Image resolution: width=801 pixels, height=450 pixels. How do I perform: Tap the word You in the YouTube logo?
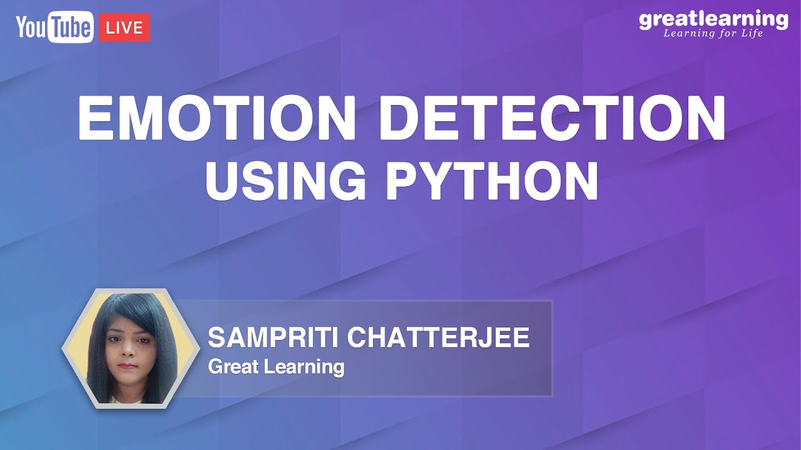tap(31, 27)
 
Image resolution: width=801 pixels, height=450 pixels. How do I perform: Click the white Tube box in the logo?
tap(72, 28)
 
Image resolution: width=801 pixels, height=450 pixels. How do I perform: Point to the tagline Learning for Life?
tap(713, 33)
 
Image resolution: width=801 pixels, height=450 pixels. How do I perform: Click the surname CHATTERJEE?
tap(438, 338)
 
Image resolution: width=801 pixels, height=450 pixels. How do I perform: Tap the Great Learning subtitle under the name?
tap(276, 367)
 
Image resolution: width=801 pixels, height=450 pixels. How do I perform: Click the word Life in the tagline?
tap(750, 33)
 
